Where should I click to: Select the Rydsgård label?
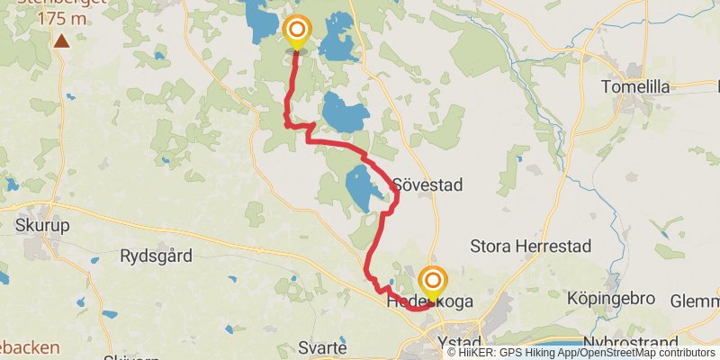click(156, 256)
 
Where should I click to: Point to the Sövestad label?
click(427, 185)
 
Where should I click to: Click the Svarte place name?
click(325, 348)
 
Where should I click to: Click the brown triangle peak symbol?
click(61, 40)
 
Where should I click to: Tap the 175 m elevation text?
click(61, 18)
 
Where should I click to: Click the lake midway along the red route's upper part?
click(346, 113)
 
